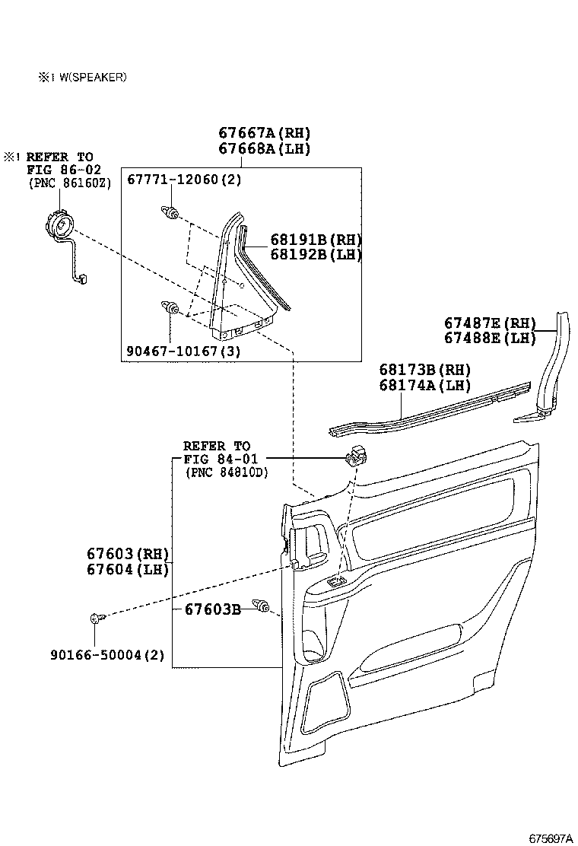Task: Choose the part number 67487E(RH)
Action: tap(491, 323)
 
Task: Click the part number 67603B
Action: tap(212, 609)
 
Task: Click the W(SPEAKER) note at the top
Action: tap(84, 77)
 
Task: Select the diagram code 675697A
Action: tap(551, 838)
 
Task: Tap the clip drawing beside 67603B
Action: tap(263, 607)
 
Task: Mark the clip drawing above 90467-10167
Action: tap(170, 308)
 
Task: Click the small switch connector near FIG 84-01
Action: tap(355, 457)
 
